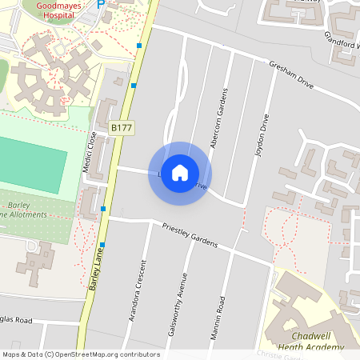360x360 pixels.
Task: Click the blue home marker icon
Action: [180, 173]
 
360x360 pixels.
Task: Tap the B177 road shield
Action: [121, 127]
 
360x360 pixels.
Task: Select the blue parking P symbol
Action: [101, 4]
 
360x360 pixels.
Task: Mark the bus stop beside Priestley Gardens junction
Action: [104, 209]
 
